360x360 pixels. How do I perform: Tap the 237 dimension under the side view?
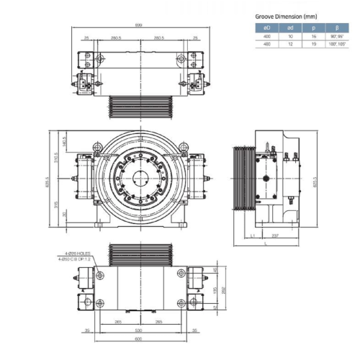[276, 234]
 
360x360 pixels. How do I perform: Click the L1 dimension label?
[253, 235]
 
